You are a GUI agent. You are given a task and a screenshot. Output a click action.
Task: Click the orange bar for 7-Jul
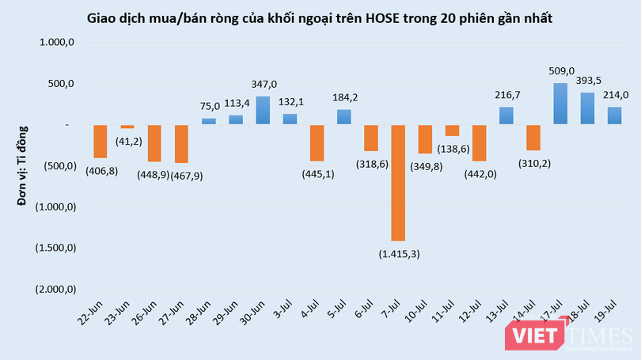(397, 182)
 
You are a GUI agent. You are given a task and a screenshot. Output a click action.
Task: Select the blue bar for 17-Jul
(560, 104)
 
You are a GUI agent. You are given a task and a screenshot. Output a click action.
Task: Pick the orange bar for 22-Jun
(101, 141)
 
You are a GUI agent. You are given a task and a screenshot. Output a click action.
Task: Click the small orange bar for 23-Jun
(127, 127)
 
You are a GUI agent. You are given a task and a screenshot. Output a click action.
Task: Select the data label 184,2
(343, 98)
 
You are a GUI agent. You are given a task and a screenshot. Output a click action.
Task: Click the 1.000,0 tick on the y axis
(57, 43)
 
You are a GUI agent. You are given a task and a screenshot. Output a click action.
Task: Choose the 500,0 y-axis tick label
(62, 84)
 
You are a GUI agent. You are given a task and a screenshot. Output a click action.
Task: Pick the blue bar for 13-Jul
(506, 116)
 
